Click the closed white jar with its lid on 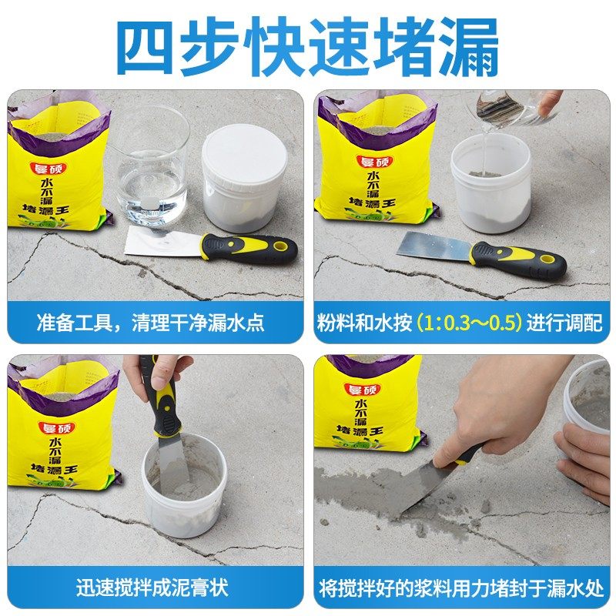pos(244,177)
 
